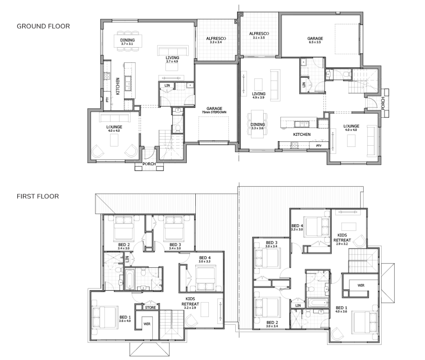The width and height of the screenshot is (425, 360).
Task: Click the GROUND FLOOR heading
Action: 43,26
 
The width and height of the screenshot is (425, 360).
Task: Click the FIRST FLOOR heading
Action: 38,196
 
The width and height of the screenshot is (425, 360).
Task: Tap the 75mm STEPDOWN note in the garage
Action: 214,112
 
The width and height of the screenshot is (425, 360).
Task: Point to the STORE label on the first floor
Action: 150,307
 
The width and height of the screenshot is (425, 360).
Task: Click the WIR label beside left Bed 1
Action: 147,324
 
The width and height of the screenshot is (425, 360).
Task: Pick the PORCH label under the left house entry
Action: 149,164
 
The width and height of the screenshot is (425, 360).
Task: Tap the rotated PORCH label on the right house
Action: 383,103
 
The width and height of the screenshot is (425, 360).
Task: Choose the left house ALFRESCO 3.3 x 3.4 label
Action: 216,40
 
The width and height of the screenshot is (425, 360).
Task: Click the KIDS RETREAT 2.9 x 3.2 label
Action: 342,239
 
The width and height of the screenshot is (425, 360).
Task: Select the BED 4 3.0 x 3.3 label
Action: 205,259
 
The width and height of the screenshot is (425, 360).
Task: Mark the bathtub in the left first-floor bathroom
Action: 129,279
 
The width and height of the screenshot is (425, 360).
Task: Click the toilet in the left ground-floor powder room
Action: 178,128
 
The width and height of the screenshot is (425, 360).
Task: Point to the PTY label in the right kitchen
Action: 319,146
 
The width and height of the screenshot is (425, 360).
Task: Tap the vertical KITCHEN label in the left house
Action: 118,86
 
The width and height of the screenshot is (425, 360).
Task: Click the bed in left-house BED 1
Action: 105,317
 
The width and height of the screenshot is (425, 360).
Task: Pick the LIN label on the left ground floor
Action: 167,85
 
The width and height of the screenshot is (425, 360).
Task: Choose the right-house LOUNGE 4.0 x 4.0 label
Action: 351,128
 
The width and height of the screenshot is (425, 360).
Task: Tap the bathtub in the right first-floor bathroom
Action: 318,303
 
